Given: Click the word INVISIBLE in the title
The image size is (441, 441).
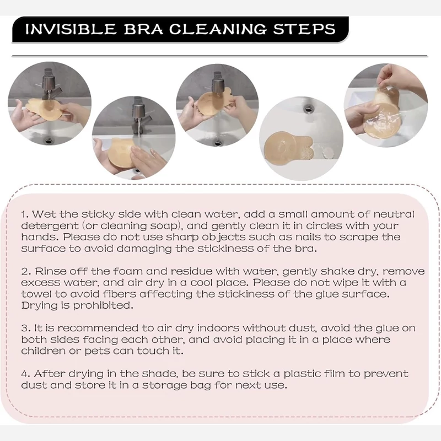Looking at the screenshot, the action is tap(71, 29).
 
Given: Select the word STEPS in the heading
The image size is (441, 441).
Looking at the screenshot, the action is tap(304, 29).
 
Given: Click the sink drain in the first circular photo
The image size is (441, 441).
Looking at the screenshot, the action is tap(49, 140).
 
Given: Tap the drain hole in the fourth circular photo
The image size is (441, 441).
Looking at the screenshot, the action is tap(309, 107).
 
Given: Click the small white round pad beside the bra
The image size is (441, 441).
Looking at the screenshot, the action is tap(327, 153).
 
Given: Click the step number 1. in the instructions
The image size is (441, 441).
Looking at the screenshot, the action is tap(25, 214).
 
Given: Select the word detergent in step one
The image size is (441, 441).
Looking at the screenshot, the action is tap(49, 226).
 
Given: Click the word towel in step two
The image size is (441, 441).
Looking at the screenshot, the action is tap(36, 294).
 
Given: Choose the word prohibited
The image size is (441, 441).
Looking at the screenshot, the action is tap(103, 306).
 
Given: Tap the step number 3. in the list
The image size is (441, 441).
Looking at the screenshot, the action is tap(26, 329).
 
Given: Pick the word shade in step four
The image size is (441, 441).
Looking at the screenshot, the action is tap(159, 374).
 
